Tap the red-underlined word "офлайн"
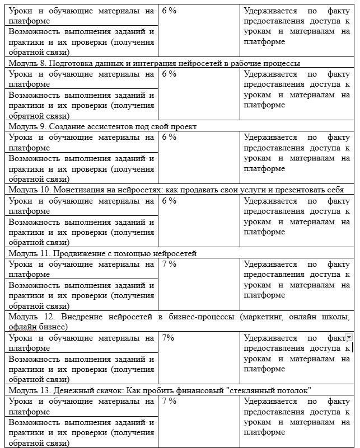pos(21,327)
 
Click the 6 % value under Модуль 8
pos(169,74)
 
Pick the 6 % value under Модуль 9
pos(169,137)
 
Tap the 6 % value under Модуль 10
pos(169,201)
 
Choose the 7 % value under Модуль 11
pos(169,264)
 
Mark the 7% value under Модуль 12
pos(167,338)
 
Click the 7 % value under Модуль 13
pos(169,401)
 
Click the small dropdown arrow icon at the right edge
pos(349,338)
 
